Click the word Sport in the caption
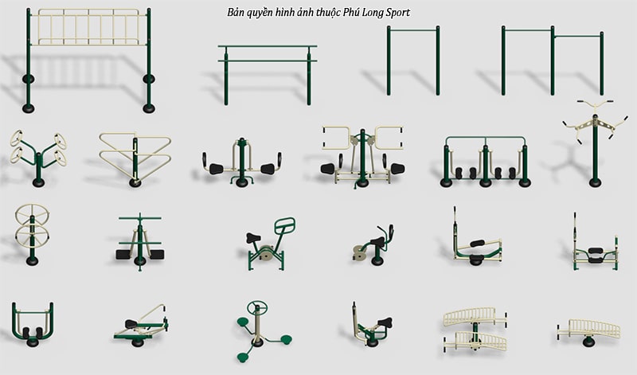coord(396,13)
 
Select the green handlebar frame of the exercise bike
coord(285,225)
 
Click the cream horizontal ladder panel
coord(89,27)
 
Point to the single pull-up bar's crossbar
coord(413,29)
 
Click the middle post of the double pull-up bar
coord(553,61)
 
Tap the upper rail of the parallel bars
coord(268,46)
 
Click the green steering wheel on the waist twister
coord(257,307)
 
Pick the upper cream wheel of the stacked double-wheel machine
coord(32,213)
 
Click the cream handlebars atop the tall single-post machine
coord(595,103)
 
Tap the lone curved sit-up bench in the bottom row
coord(588,330)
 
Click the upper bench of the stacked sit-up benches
coord(475,317)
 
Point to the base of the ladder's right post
coord(149,108)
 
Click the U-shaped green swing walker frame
coord(33,321)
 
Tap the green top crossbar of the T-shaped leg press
coord(140,218)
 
